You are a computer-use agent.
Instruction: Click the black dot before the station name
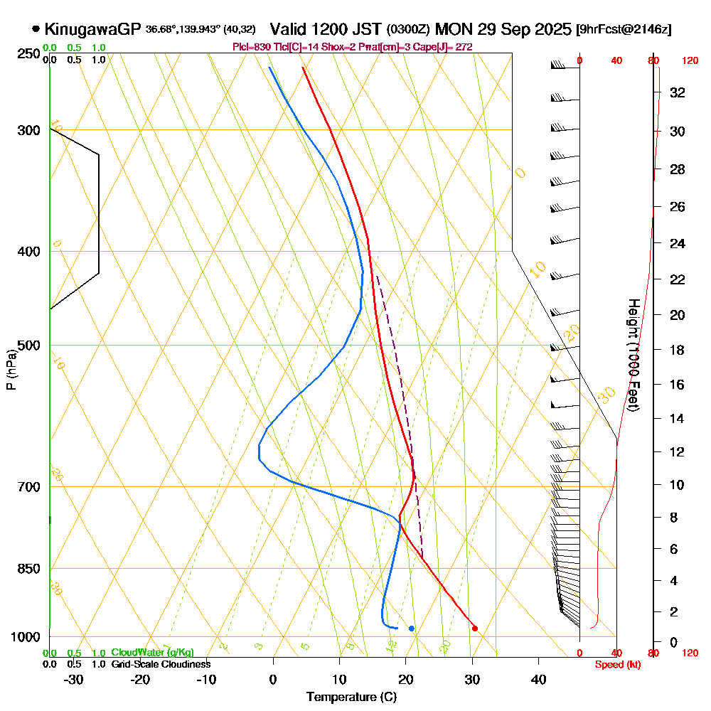36,29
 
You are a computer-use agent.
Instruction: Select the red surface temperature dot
475,628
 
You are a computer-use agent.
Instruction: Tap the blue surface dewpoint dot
412,628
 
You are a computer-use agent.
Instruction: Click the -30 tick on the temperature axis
74,680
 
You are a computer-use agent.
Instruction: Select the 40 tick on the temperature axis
538,680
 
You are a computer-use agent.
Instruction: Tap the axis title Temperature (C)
351,697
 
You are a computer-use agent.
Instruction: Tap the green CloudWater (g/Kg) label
152,653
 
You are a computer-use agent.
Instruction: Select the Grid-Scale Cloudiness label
161,664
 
